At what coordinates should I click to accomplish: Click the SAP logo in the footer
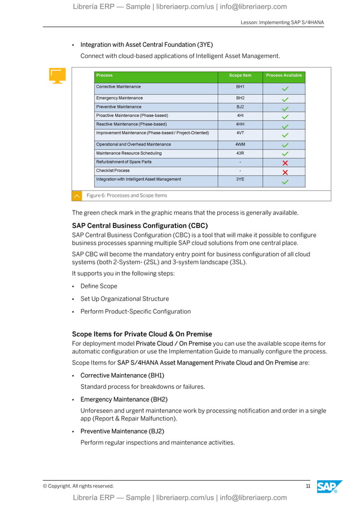coord(330,486)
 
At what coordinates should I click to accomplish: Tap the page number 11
coord(308,486)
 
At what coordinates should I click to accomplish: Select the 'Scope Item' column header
coord(240,76)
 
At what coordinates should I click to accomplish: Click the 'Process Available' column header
coord(284,76)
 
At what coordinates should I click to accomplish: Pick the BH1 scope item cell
coord(240,87)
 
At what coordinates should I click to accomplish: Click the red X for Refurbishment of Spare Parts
coord(285,163)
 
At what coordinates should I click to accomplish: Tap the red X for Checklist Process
coord(285,172)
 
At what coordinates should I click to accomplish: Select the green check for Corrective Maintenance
coord(285,89)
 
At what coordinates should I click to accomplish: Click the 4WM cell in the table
coord(240,144)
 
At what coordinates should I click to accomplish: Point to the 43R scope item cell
coord(240,153)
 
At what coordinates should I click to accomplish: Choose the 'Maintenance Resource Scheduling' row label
coord(129,153)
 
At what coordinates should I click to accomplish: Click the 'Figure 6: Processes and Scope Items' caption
coord(126,195)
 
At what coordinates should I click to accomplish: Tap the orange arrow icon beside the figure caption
coord(77,196)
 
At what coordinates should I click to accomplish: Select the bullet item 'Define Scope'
coord(99,286)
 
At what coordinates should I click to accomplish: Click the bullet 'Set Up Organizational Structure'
coord(124,299)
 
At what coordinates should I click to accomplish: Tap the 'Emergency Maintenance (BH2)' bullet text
coord(124,400)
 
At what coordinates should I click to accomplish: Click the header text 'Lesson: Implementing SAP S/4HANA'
coord(282,22)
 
